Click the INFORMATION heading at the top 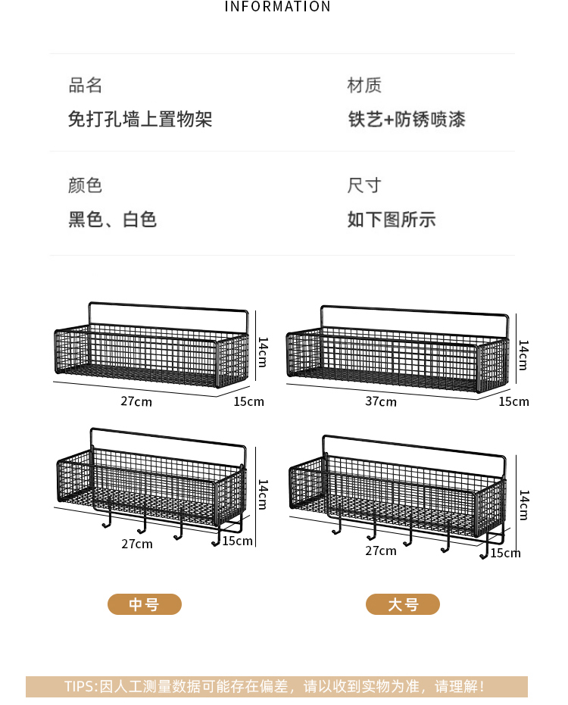click(x=278, y=7)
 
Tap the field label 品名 click(x=86, y=86)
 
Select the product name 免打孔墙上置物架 click(x=140, y=119)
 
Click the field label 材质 click(x=364, y=86)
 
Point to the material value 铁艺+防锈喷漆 click(x=407, y=119)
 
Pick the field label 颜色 click(x=86, y=186)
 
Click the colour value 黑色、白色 click(x=113, y=220)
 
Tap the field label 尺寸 click(x=364, y=186)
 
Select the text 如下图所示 click(x=392, y=220)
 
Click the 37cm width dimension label click(x=381, y=401)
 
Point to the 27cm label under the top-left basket click(x=136, y=401)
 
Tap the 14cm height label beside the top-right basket click(x=523, y=354)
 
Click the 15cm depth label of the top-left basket click(x=248, y=401)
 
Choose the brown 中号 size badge click(x=145, y=604)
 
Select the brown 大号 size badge click(x=403, y=604)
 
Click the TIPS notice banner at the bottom click(x=276, y=687)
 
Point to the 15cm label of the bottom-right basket click(x=505, y=554)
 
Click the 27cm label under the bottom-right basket click(x=381, y=551)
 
